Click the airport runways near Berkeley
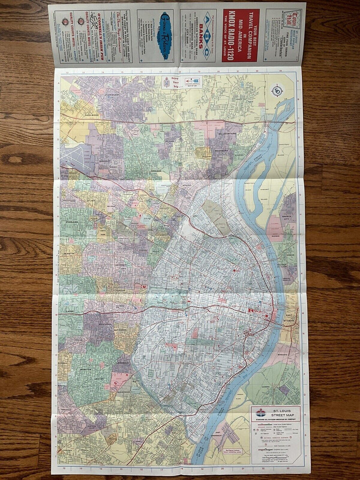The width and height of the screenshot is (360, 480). click(x=75, y=158)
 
